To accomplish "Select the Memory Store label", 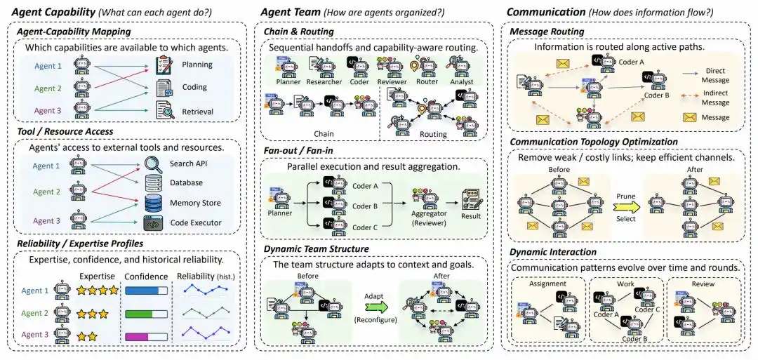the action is tap(195, 203).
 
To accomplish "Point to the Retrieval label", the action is tap(197, 112).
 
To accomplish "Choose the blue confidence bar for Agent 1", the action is tap(146, 291).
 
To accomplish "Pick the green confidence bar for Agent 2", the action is tap(146, 314).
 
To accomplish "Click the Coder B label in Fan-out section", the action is tap(364, 206).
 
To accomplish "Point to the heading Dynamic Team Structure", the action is tap(316, 249).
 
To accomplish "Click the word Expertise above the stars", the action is tap(97, 276).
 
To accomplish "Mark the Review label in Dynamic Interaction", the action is tap(705, 284).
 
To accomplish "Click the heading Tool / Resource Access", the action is tap(65, 131).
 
